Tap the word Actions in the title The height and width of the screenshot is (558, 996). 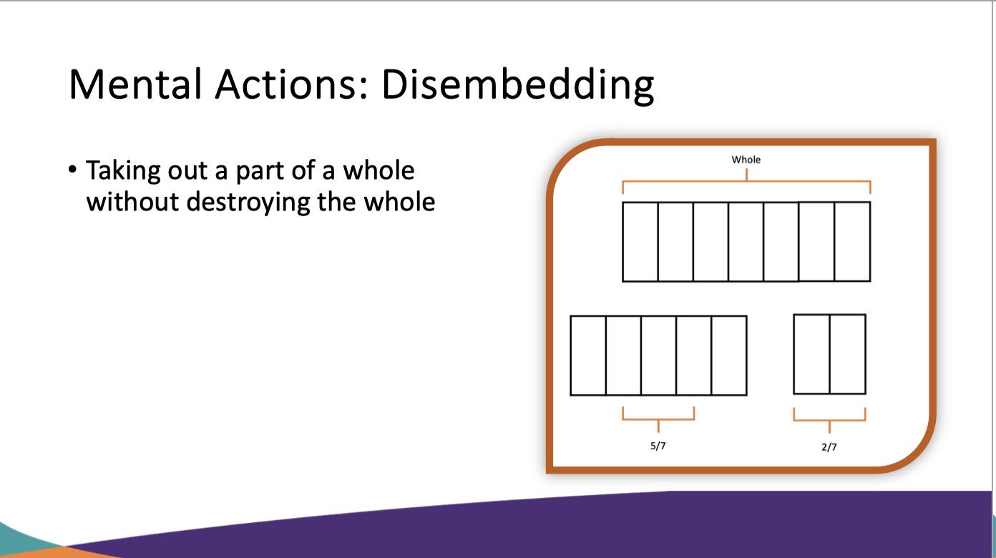tap(292, 84)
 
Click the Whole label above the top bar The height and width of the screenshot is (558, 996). tap(746, 160)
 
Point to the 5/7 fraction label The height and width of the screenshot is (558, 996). tap(658, 446)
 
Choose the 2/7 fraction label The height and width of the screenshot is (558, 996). tap(829, 447)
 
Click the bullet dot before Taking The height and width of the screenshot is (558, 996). tap(73, 170)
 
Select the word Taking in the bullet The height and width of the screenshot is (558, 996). tap(123, 171)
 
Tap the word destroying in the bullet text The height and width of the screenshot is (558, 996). tap(248, 202)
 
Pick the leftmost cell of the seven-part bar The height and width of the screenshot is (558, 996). tap(640, 242)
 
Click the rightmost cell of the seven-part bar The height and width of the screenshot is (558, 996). tap(852, 242)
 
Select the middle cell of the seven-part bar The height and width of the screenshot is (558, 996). tap(746, 242)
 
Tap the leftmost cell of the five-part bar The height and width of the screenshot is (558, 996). tap(588, 356)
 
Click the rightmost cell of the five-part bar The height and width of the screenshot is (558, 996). tap(729, 356)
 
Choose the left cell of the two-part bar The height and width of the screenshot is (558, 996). tap(811, 354)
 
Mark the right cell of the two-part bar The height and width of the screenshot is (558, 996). tap(847, 354)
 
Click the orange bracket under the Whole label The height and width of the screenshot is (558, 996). tap(746, 182)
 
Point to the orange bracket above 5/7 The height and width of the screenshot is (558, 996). tap(658, 419)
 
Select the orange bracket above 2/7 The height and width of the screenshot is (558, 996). tap(830, 420)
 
